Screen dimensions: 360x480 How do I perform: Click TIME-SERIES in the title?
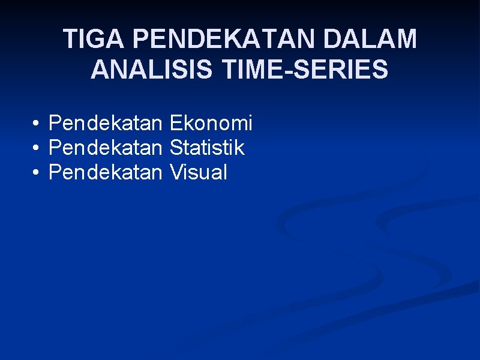click(305, 70)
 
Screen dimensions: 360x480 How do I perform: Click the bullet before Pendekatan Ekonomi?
click(37, 124)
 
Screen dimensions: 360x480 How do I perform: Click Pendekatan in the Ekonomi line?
click(105, 124)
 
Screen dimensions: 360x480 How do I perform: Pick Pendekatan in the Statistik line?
click(105, 148)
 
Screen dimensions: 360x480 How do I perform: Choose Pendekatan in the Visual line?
click(105, 173)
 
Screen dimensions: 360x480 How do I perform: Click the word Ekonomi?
click(211, 124)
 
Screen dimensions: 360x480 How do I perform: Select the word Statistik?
click(207, 148)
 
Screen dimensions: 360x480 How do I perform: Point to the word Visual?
click(199, 173)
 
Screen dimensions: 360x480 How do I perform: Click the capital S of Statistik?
click(176, 148)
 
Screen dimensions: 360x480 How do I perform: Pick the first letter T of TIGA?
click(70, 40)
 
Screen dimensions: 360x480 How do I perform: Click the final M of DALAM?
click(405, 40)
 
